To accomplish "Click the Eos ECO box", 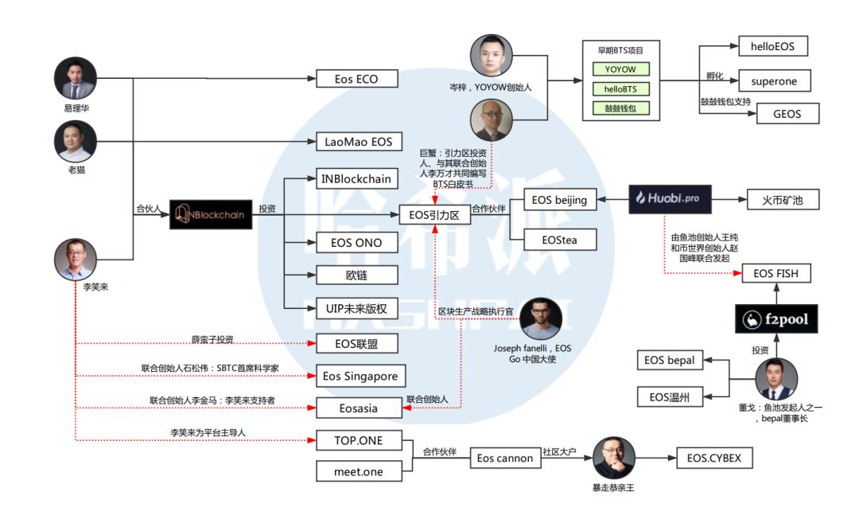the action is [x=356, y=79].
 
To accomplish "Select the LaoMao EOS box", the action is [x=359, y=142].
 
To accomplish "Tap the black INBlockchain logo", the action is [x=211, y=214].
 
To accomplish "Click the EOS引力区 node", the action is [x=435, y=215].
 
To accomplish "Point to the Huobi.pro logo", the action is [x=670, y=199].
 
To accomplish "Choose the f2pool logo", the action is [x=776, y=319].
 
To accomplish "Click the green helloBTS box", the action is [x=620, y=89].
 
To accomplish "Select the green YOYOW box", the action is [x=620, y=69].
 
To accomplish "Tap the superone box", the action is [x=774, y=81].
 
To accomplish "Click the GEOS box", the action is [x=787, y=114].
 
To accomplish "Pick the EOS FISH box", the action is [x=775, y=273].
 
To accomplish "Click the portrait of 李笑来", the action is [x=76, y=260].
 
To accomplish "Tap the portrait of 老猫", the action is [x=76, y=142].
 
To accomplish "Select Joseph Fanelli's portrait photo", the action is [x=541, y=318].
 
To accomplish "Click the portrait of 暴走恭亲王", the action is [x=614, y=458].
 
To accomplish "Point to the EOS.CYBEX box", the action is [x=713, y=458].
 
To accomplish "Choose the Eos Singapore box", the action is [x=360, y=377].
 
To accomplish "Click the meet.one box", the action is [x=359, y=471].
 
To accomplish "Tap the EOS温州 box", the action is [x=670, y=397].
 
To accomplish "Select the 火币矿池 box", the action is [x=783, y=200].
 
